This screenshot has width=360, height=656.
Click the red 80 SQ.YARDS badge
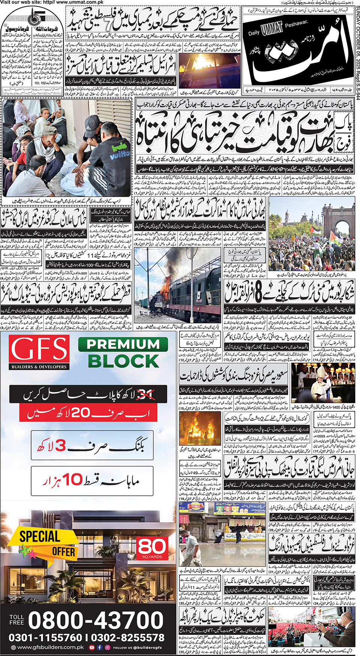[x=152, y=548]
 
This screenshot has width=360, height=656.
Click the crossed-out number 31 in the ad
[x=145, y=394]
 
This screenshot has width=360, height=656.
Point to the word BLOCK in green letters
[x=123, y=361]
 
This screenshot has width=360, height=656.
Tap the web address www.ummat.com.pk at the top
[x=69, y=2]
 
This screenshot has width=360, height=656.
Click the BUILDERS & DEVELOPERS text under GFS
[x=39, y=367]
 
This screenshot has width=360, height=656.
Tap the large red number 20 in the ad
[x=81, y=413]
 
